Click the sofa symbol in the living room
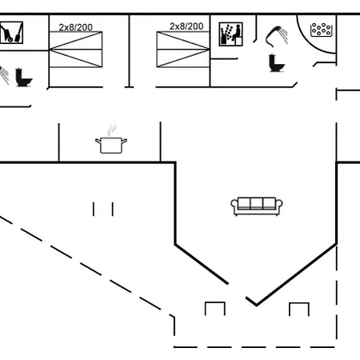tap(257, 206)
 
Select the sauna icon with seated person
tap(230, 34)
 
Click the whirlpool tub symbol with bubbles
tap(322, 30)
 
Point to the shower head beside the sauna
tap(276, 36)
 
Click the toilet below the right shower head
tap(277, 63)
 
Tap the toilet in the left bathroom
tap(23, 78)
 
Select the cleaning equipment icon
tap(11, 33)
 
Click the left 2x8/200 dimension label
tap(76, 27)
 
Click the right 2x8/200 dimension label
tap(186, 26)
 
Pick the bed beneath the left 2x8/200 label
tap(76, 50)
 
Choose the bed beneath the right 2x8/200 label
tap(183, 50)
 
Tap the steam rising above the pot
tap(112, 130)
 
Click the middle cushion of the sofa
tap(257, 203)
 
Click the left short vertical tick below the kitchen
tap(94, 209)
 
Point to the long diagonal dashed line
tap(87, 266)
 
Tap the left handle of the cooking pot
tap(98, 141)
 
